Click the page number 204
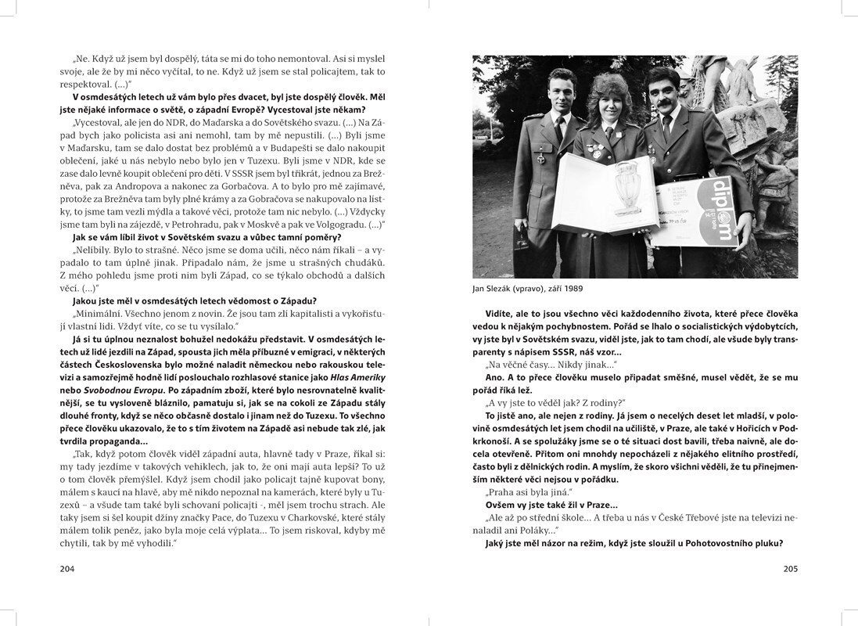point(66,569)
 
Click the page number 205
point(790,569)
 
